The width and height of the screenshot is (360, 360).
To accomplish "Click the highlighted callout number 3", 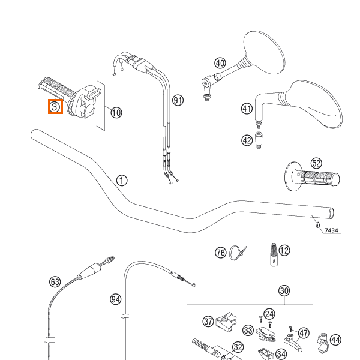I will click(55, 107).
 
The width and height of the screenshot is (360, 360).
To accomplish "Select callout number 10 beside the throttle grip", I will click(116, 112).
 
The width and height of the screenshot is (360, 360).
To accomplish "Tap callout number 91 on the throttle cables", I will click(177, 100).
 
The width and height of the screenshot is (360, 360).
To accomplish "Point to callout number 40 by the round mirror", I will click(220, 63).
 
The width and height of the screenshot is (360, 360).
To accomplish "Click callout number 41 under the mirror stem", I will click(247, 109).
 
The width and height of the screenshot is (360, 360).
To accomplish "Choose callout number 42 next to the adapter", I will click(247, 140).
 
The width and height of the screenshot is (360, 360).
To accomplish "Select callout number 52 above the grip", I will click(316, 163).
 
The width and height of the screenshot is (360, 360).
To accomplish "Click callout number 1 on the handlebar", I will click(122, 180).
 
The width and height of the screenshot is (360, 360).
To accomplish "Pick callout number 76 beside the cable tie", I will click(221, 253).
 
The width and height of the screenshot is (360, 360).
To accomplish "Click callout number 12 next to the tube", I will click(284, 250).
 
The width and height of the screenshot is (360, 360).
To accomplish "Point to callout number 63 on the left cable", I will click(55, 281).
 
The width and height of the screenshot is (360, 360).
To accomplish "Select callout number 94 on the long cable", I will click(116, 298).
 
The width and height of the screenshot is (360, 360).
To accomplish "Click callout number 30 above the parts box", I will click(284, 291).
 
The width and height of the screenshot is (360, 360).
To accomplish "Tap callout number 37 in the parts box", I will click(208, 322).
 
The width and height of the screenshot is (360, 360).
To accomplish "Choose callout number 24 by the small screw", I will click(269, 314).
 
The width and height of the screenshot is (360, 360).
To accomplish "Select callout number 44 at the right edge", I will click(335, 340).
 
